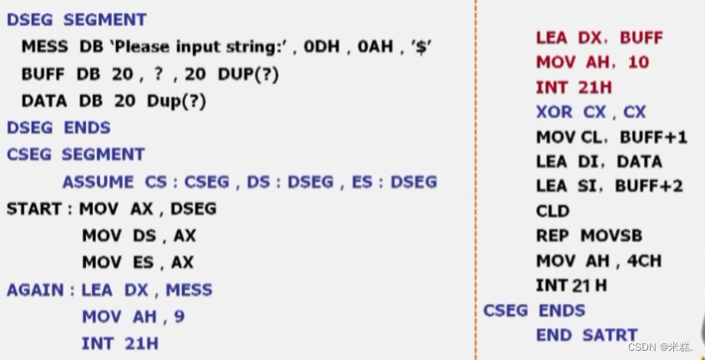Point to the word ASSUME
(98, 181)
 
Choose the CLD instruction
(552, 210)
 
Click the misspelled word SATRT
(610, 335)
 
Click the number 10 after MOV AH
(637, 62)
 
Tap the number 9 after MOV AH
(180, 317)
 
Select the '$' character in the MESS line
(421, 47)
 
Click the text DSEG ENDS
(58, 128)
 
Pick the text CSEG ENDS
(534, 310)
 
